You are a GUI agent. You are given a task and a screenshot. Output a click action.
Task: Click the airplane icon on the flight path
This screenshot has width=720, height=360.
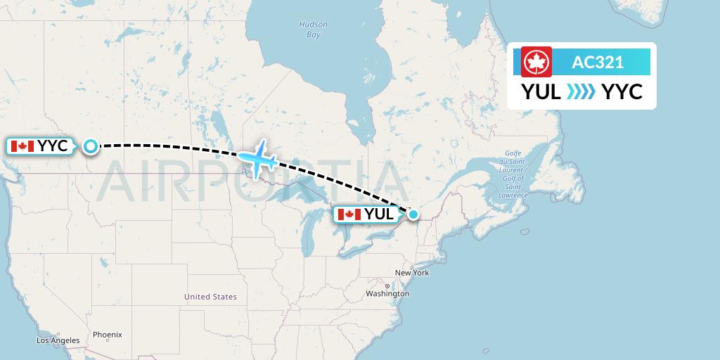[257, 157]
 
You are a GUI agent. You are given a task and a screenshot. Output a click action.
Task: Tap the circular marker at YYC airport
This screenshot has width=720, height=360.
[91, 146]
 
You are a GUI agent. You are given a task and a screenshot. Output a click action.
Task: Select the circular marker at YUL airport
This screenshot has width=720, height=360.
[413, 214]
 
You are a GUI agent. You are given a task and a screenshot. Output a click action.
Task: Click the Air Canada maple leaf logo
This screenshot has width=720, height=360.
[536, 62]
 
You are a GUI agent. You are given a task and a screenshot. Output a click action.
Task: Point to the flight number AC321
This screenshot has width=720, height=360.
[598, 62]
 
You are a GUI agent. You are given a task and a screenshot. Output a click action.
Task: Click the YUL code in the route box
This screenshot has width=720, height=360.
[541, 91]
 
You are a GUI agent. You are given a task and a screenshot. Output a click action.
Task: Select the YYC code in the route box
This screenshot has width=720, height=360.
[622, 91]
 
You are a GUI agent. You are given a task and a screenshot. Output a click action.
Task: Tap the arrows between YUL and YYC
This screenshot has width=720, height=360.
[581, 91]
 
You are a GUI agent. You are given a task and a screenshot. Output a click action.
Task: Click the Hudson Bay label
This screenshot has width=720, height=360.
[314, 30]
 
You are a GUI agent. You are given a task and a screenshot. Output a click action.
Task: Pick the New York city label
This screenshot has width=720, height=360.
[411, 273]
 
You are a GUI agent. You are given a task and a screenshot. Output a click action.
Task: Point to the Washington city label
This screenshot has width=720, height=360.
[387, 293]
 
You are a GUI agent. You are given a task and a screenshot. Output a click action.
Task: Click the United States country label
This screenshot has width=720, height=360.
[210, 297]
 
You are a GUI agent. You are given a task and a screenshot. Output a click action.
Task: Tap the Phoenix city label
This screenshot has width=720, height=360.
[107, 335]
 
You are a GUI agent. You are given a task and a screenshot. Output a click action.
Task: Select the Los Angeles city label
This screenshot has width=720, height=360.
[58, 340]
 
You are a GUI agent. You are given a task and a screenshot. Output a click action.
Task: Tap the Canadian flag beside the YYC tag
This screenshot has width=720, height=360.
[22, 146]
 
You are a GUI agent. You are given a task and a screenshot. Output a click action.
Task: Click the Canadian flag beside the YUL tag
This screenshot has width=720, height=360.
[349, 214]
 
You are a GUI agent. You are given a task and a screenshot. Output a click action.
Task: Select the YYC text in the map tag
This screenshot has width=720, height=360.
[53, 146]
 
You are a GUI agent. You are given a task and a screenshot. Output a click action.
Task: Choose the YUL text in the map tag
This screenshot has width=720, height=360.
[378, 214]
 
